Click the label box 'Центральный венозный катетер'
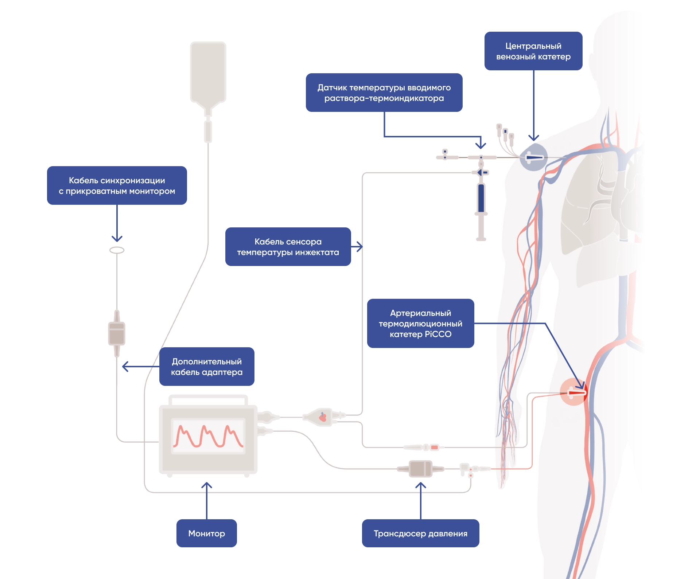533,51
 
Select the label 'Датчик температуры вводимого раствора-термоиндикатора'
384,93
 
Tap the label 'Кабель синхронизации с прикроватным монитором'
117,185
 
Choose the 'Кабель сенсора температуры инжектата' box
288,247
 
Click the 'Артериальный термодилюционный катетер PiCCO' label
420,323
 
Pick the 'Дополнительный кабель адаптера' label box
206,367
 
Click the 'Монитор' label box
206,533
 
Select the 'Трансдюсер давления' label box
420,533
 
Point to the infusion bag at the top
208,73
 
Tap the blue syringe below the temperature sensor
481,199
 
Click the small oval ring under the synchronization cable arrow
117,250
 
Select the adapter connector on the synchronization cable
117,333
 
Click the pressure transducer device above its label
420,469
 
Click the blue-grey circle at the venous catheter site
533,157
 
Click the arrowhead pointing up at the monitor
207,485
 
